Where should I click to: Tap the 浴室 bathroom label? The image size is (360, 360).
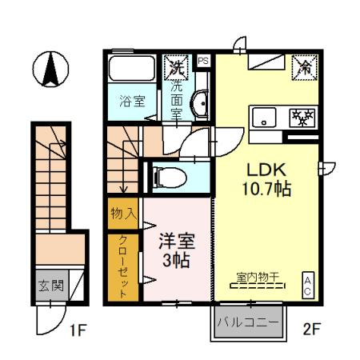tap(132, 102)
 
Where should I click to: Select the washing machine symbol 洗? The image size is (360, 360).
tap(175, 67)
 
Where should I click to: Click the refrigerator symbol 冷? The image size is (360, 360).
tap(304, 66)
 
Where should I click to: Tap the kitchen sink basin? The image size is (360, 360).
tap(263, 118)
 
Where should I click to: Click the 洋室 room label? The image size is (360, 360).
tap(175, 240)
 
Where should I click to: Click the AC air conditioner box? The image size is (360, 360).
tap(306, 285)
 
